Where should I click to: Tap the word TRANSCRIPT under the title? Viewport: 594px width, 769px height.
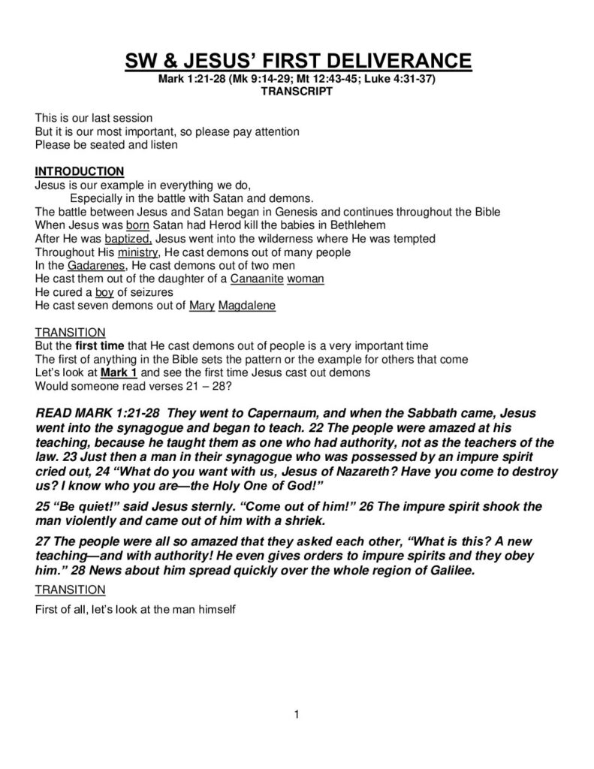point(297,91)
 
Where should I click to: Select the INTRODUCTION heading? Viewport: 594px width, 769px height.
point(80,171)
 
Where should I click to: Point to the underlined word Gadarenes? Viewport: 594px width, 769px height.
point(94,265)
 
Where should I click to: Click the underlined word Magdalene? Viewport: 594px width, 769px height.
point(247,306)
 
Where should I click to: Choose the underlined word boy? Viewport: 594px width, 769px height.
point(104,292)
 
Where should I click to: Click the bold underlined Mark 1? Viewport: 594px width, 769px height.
point(119,372)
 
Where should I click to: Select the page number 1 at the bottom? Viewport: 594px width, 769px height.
point(297,714)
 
